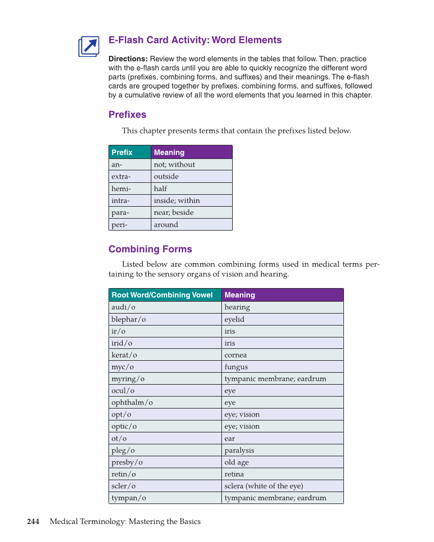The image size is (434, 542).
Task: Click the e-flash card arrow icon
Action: pyautogui.click(x=89, y=47)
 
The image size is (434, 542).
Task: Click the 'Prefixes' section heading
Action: pyautogui.click(x=127, y=114)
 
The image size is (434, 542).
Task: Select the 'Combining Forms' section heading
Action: pyautogui.click(x=150, y=249)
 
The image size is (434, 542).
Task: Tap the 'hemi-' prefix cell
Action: pyautogui.click(x=130, y=188)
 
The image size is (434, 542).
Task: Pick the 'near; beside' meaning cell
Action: pyautogui.click(x=192, y=212)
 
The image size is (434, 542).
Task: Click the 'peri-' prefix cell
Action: pyautogui.click(x=130, y=224)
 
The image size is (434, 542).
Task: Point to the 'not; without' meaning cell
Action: pyautogui.click(x=192, y=164)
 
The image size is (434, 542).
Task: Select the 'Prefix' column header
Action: pyautogui.click(x=130, y=152)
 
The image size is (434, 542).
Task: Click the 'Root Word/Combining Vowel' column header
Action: pyautogui.click(x=165, y=295)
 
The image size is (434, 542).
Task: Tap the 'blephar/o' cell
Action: pyautogui.click(x=165, y=319)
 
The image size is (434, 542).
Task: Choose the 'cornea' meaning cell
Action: pyautogui.click(x=282, y=355)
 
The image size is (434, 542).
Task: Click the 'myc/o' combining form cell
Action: pyautogui.click(x=165, y=367)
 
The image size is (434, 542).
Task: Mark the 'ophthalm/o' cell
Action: pyautogui.click(x=165, y=403)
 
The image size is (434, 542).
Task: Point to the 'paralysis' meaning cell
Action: pyautogui.click(x=282, y=450)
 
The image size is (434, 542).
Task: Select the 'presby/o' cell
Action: pyautogui.click(x=165, y=462)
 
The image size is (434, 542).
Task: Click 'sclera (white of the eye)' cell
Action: pyautogui.click(x=282, y=486)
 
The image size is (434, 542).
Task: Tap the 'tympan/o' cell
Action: pyautogui.click(x=165, y=498)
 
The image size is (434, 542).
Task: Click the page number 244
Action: pyautogui.click(x=33, y=522)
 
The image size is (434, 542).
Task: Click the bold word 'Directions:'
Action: pyautogui.click(x=128, y=59)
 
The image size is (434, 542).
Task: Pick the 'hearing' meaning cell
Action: pyautogui.click(x=282, y=307)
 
